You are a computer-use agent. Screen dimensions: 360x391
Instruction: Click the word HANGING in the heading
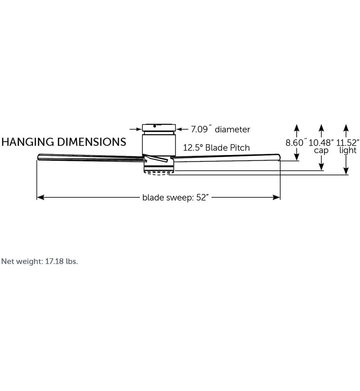pyautogui.click(x=28, y=142)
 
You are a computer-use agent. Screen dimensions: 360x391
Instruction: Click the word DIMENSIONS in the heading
pyautogui.click(x=92, y=142)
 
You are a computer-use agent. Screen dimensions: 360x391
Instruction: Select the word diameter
pyautogui.click(x=232, y=129)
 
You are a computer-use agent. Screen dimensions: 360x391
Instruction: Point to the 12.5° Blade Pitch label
pyautogui.click(x=216, y=148)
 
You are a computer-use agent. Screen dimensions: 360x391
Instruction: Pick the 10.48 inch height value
pyautogui.click(x=321, y=143)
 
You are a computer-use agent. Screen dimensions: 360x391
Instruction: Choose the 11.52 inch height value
pyautogui.click(x=348, y=143)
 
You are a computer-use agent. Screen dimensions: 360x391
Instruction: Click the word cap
pyautogui.click(x=321, y=151)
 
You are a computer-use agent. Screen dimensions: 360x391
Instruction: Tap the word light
pyautogui.click(x=348, y=150)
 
